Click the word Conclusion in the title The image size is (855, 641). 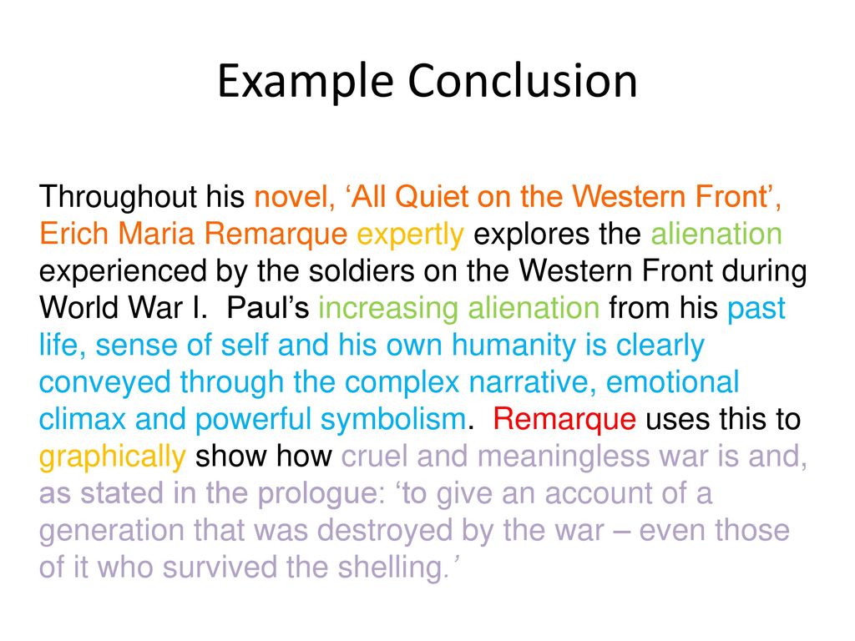pos(523,83)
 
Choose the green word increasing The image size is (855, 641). pos(389,308)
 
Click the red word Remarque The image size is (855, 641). pos(564,419)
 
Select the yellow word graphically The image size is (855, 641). pos(112,457)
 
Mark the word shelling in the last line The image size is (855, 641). pos(390,568)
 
